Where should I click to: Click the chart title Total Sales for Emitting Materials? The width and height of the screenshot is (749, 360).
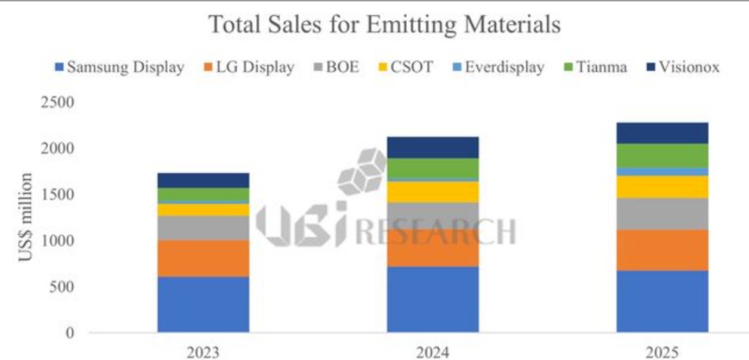[384, 25]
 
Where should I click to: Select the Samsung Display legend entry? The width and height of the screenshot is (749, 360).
[119, 68]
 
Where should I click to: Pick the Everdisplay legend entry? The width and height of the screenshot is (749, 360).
[497, 68]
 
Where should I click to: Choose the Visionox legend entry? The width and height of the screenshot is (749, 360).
[681, 68]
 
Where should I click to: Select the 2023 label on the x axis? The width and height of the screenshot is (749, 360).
[203, 352]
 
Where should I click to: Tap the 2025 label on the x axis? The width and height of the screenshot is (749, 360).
[662, 352]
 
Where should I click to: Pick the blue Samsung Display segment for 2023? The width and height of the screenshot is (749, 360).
[203, 304]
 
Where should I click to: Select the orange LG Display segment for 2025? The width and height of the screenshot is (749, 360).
[662, 250]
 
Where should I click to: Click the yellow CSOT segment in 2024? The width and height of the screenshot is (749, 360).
[432, 192]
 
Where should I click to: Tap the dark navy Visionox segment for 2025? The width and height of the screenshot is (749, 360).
[662, 133]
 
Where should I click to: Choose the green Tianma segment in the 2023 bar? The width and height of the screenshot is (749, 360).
[203, 194]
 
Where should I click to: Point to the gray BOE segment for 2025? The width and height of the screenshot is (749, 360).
[662, 214]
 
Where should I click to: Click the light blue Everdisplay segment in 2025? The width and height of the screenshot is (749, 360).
[662, 171]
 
